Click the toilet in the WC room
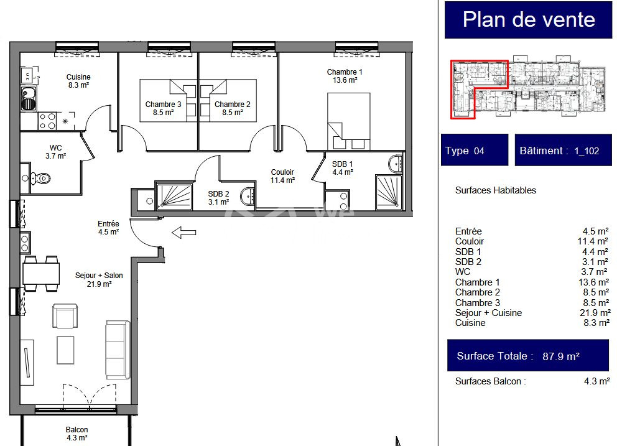(40, 179)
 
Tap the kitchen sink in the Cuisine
(29, 99)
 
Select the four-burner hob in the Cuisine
(47, 121)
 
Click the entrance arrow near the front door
(183, 233)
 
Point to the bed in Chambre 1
(349, 121)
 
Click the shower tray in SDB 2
(174, 195)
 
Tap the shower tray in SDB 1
(389, 192)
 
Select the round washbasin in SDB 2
(248, 196)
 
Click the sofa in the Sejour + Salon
(118, 350)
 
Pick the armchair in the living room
(65, 316)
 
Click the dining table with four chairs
(41, 273)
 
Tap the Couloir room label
(282, 176)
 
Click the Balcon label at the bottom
(77, 434)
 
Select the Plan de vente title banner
(529, 20)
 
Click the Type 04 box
(475, 150)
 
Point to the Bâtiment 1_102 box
(563, 150)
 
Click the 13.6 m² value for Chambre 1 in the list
(593, 282)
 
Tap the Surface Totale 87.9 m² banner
(528, 355)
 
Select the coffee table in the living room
(65, 350)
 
